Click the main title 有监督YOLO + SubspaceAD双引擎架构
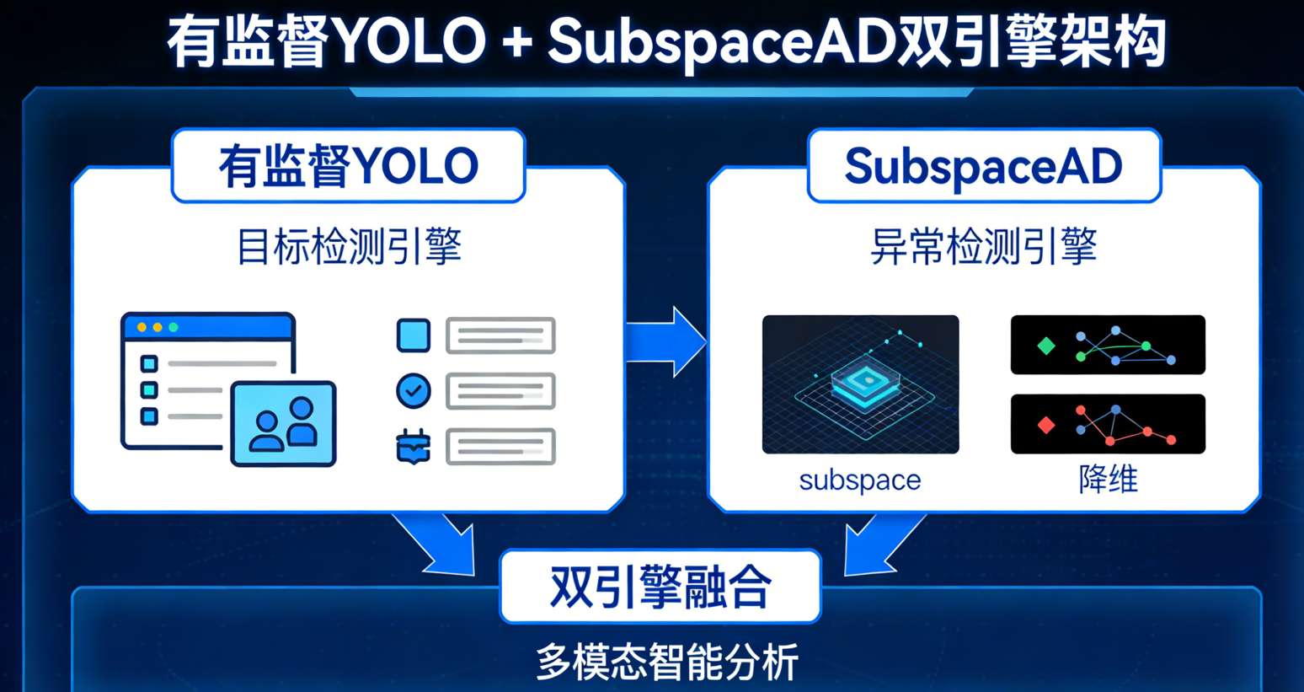[665, 42]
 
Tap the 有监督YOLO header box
[348, 166]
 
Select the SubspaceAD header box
[983, 166]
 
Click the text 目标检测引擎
[348, 247]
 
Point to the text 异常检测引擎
[983, 247]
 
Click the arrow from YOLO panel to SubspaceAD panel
[666, 341]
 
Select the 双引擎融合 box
[660, 587]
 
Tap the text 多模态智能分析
[666, 662]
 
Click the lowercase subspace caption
[859, 480]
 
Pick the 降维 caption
[1108, 480]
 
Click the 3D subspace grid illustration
[860, 384]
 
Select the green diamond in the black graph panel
[1046, 346]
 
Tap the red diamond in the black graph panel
[1046, 425]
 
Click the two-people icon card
[284, 424]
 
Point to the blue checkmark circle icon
[413, 391]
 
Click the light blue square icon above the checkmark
[413, 335]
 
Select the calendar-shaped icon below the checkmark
[413, 447]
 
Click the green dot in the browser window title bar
[174, 327]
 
